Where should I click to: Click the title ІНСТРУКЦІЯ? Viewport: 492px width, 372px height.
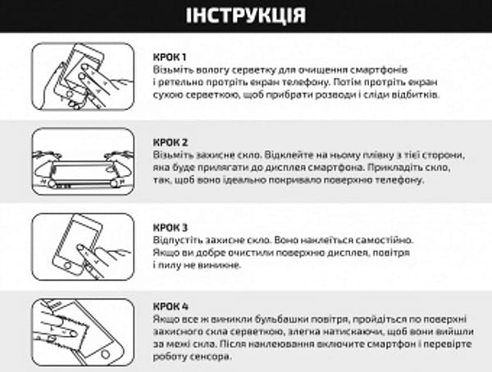[x=246, y=16]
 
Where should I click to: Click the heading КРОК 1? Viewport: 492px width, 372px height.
[x=171, y=57]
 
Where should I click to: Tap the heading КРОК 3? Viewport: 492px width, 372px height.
[x=171, y=226]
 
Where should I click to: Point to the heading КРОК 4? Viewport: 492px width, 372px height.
[x=171, y=304]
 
